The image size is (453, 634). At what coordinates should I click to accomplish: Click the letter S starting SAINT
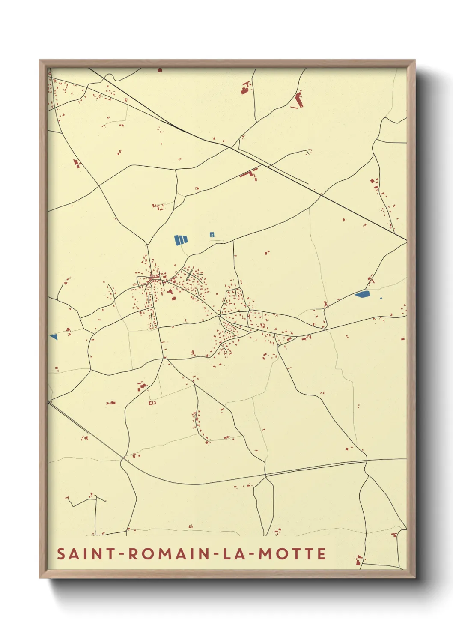point(61,553)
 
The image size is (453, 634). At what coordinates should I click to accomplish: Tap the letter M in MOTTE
point(265,553)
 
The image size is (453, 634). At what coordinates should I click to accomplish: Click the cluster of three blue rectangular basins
point(181,240)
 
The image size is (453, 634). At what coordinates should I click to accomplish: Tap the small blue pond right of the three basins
point(212,234)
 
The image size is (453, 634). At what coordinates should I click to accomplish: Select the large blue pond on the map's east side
point(362,294)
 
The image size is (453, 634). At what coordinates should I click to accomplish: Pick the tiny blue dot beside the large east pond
point(381,298)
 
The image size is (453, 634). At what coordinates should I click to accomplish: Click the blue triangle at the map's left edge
point(54,337)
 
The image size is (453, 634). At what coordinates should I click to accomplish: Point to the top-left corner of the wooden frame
point(40,60)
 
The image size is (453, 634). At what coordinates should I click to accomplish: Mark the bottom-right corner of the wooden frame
point(414,577)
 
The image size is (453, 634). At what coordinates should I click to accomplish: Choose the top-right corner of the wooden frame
point(414,60)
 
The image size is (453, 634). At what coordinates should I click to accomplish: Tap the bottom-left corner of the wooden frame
point(40,577)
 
